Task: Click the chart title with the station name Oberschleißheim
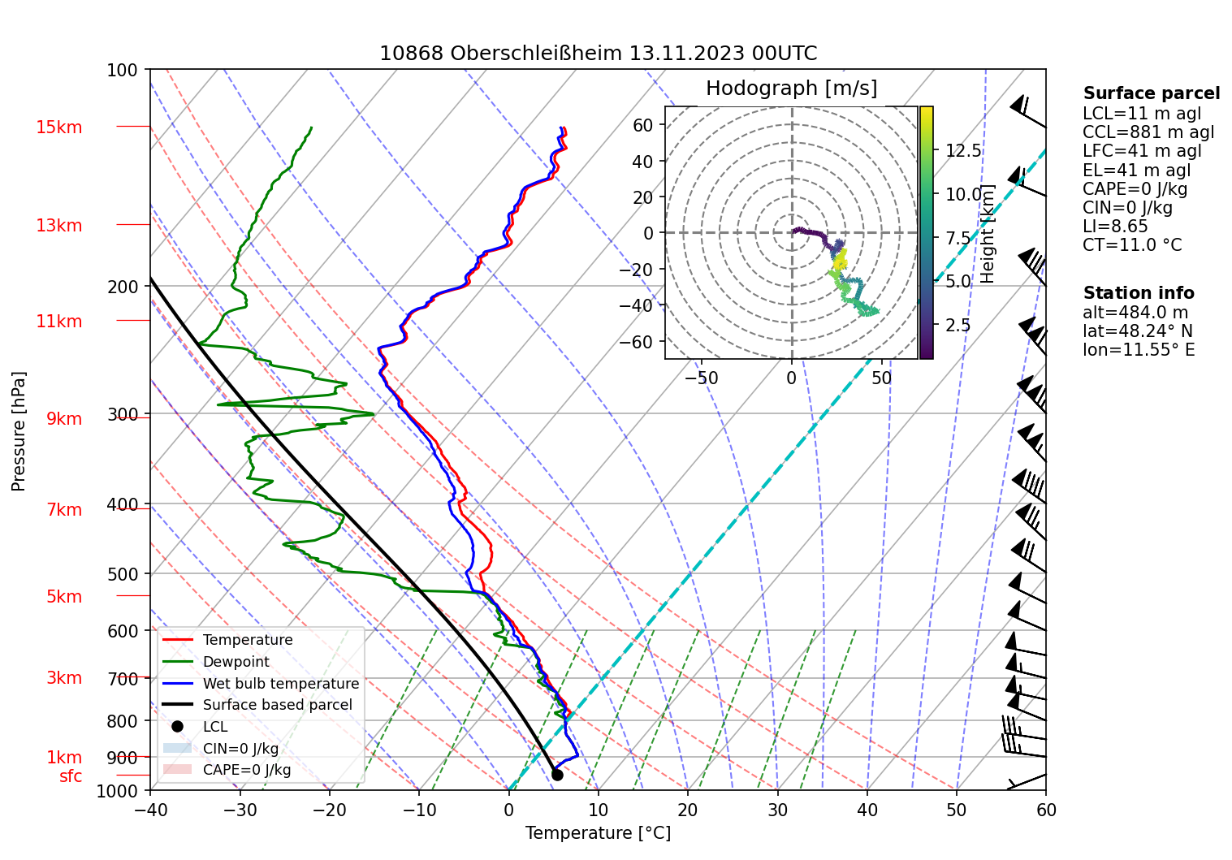tap(598, 54)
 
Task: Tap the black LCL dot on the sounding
tap(557, 775)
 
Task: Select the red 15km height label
tap(58, 127)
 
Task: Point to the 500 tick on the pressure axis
tap(123, 574)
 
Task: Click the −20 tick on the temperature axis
tap(329, 810)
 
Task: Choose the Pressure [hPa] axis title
tap(19, 431)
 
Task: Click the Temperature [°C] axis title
tap(598, 833)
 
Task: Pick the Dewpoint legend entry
tap(236, 662)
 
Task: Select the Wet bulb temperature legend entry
tap(280, 684)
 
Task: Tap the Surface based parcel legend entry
tap(277, 705)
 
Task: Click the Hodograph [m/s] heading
tap(791, 89)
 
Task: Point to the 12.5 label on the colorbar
tap(963, 151)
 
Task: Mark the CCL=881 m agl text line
tap(1148, 132)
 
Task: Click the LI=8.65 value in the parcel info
tap(1115, 227)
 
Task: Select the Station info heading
tap(1139, 293)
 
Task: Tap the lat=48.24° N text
tap(1138, 331)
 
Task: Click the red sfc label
tap(71, 776)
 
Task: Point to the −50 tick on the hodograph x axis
tap(701, 378)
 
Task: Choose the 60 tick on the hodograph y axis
tap(643, 125)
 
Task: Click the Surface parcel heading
tap(1151, 93)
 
